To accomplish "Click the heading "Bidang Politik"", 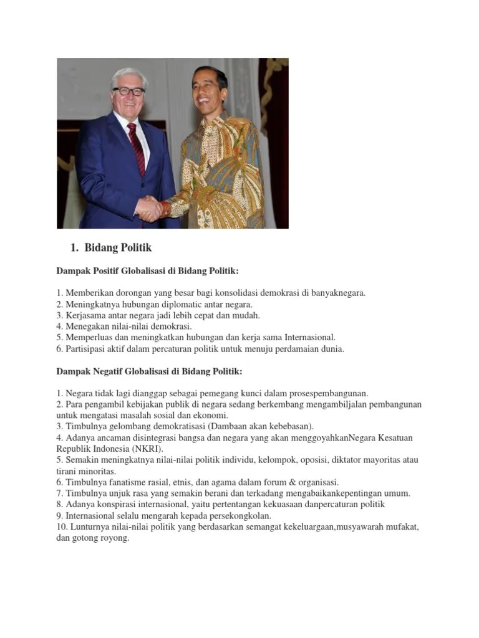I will tap(118, 248).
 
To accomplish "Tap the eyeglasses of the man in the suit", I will tap(128, 91).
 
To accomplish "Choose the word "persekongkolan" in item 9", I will tap(239, 516).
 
